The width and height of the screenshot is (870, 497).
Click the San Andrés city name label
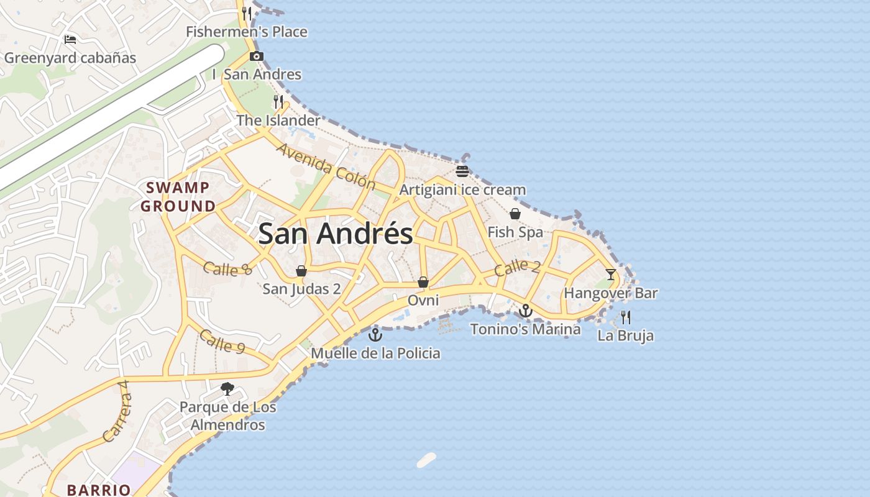click(x=336, y=234)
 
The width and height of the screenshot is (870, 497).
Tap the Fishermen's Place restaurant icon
click(x=247, y=13)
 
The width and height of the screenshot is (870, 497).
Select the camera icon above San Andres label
click(x=256, y=57)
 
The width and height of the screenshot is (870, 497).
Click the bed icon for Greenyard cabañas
click(x=70, y=40)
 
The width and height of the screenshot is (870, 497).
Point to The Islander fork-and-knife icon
click(x=278, y=101)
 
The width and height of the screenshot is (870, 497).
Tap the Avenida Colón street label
click(x=326, y=166)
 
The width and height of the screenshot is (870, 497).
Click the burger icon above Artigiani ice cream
click(x=462, y=171)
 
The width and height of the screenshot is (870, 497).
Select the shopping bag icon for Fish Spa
click(x=515, y=214)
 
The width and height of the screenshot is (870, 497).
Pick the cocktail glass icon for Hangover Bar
click(x=611, y=274)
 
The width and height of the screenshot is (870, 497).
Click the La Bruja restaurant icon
click(x=626, y=317)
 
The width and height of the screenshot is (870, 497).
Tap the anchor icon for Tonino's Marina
click(x=526, y=310)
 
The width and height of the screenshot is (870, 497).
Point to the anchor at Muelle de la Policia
click(x=375, y=335)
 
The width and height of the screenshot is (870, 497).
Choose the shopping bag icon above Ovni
click(x=423, y=282)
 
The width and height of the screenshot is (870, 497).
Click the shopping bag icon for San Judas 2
click(x=301, y=271)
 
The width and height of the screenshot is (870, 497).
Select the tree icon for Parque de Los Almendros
click(x=227, y=389)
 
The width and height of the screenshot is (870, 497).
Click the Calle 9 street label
click(x=222, y=342)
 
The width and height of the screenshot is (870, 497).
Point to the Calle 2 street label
click(x=517, y=268)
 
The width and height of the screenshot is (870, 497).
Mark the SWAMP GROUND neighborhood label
click(x=178, y=196)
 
